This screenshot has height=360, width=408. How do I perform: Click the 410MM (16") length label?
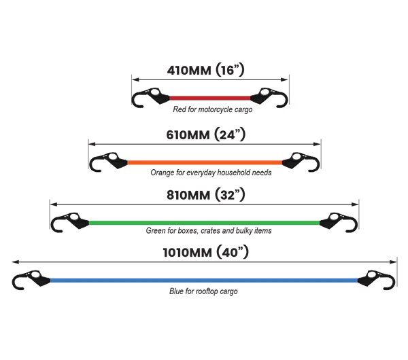coord(205,70)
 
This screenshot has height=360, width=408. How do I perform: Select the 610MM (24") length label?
coord(206,134)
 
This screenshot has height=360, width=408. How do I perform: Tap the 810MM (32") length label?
coord(206,195)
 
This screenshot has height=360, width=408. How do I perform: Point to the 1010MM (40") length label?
coord(205,252)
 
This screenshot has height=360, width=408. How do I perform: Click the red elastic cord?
coord(210,98)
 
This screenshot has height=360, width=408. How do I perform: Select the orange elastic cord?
coord(205,163)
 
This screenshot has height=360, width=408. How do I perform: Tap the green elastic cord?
coord(204,223)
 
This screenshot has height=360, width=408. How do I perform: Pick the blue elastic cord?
coord(204,281)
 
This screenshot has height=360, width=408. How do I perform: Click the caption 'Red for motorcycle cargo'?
coord(213,109)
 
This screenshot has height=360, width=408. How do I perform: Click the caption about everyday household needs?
coord(211,173)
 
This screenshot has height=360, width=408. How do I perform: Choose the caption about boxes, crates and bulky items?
coord(209,230)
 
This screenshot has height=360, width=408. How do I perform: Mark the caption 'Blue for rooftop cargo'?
coord(203,291)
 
